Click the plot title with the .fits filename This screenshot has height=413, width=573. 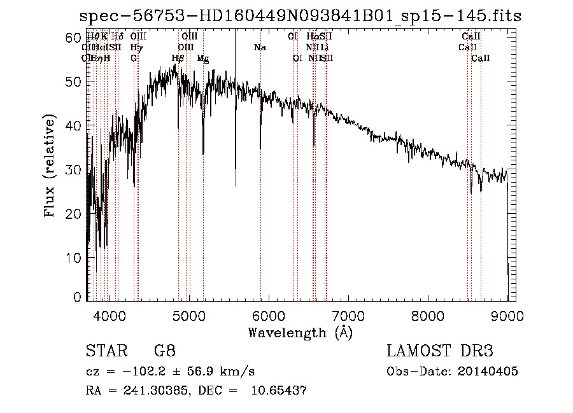tap(299, 16)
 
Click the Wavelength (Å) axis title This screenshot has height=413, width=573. tap(299, 332)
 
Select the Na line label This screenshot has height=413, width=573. tap(260, 48)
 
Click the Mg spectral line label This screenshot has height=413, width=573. tap(202, 59)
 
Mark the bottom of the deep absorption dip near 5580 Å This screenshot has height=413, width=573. tap(236, 185)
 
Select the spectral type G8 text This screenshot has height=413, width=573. tap(164, 351)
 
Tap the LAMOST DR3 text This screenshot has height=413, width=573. tap(439, 351)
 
